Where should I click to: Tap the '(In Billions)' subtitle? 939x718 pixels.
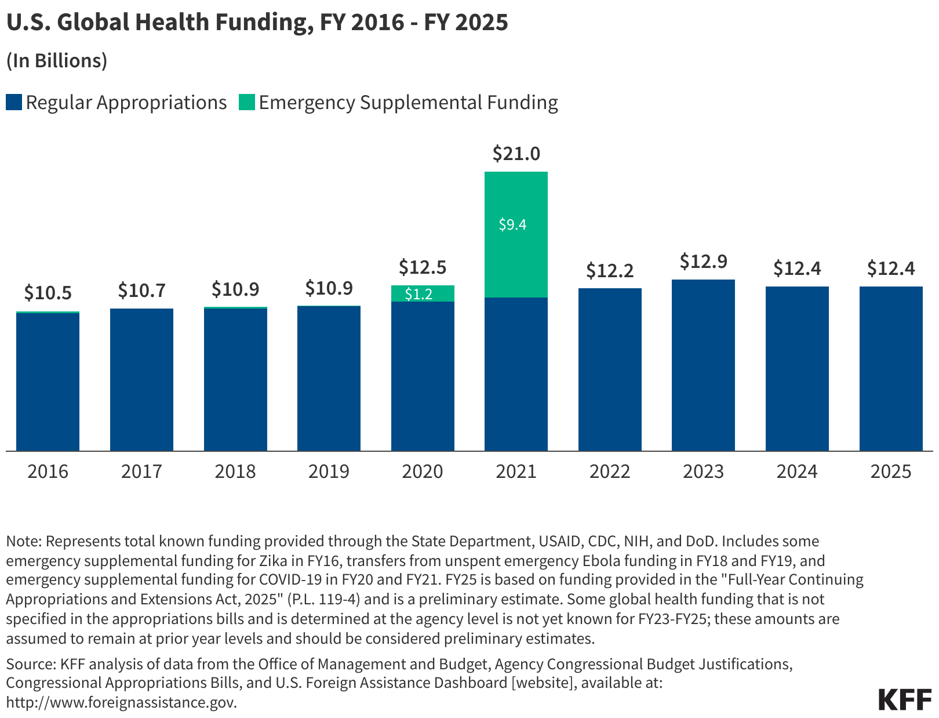[x=57, y=61]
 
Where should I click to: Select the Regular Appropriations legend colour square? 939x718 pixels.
[x=14, y=103]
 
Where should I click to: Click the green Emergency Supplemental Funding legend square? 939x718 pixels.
[x=247, y=103]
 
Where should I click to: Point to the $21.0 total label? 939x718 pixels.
[x=516, y=154]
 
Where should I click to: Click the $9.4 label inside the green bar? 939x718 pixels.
[x=513, y=224]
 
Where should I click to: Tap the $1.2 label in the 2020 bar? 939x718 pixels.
[x=418, y=294]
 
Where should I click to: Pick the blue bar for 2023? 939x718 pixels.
[x=703, y=365]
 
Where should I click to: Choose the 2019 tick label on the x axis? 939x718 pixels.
[x=329, y=471]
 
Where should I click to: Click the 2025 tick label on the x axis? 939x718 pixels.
[x=891, y=471]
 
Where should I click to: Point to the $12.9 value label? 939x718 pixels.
[x=703, y=262]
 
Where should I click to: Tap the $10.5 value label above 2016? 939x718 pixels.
[x=48, y=293]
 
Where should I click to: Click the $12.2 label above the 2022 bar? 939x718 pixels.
[x=610, y=270]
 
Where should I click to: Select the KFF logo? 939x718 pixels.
[x=905, y=699]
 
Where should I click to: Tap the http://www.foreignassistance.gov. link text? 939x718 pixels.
[x=122, y=702]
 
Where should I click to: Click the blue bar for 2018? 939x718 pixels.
[x=235, y=380]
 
